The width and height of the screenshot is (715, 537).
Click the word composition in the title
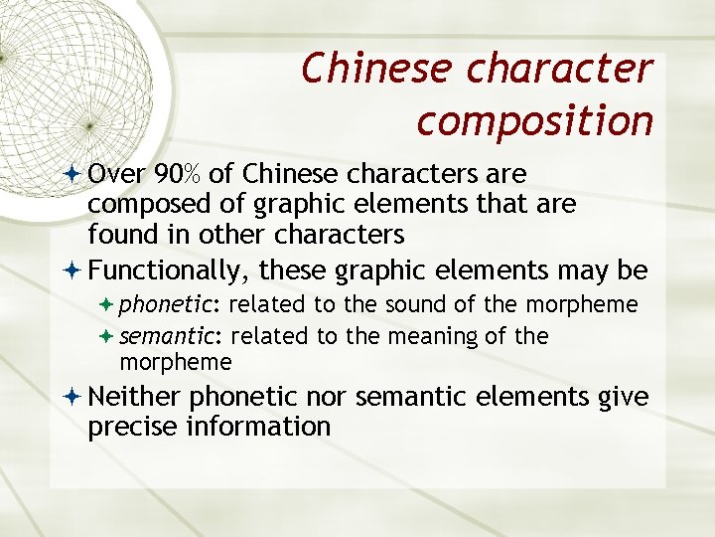534,120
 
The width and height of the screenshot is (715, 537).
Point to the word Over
117,174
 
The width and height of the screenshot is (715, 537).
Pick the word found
112,234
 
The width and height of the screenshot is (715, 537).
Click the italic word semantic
172,336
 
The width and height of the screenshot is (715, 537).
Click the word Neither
134,397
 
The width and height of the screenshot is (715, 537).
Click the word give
624,397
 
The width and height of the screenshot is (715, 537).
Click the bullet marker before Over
75,174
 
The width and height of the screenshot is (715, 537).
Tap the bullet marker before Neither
75,397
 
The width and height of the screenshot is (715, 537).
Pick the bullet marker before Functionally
75,269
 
